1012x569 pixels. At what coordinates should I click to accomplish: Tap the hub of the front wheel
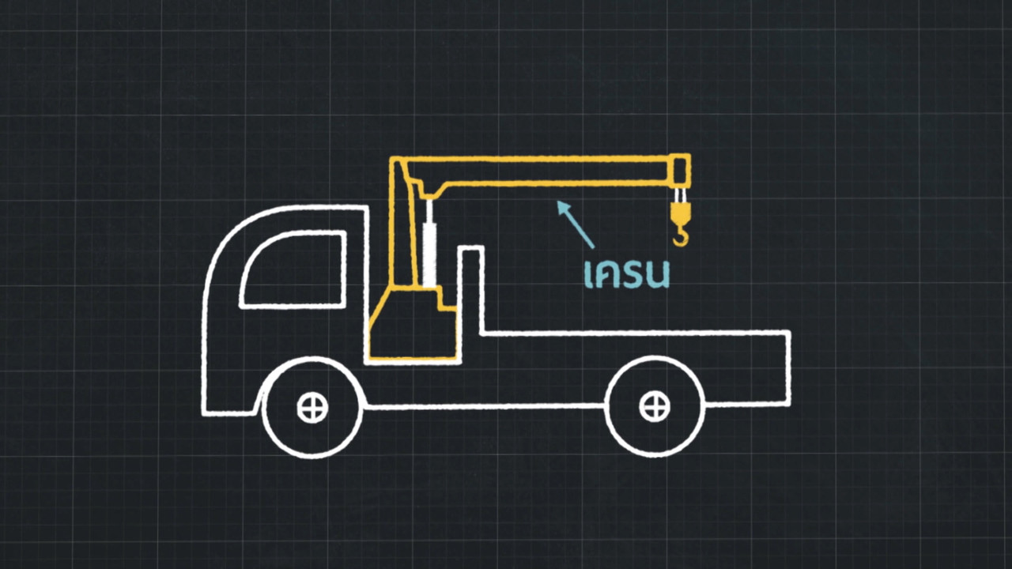(312, 408)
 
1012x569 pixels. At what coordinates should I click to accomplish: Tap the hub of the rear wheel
(654, 407)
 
